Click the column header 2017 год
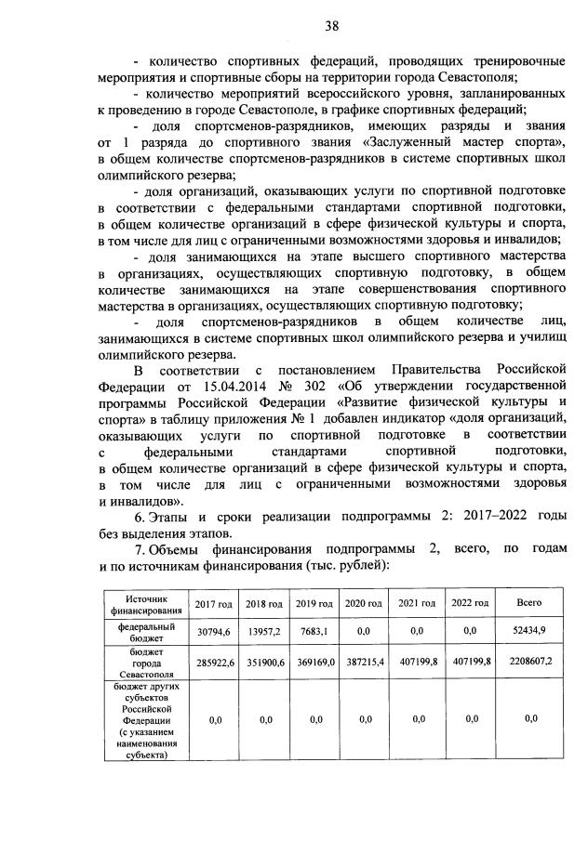pyautogui.click(x=213, y=604)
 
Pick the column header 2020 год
pyautogui.click(x=365, y=604)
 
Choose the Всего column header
pyautogui.click(x=529, y=604)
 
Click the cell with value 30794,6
pyautogui.click(x=213, y=632)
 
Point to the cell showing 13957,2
pyautogui.click(x=263, y=632)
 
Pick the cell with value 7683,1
pyautogui.click(x=314, y=632)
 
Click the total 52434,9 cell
pyautogui.click(x=529, y=632)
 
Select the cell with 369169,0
pyautogui.click(x=314, y=665)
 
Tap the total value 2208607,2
pyautogui.click(x=529, y=665)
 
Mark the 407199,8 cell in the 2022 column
pyautogui.click(x=470, y=665)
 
